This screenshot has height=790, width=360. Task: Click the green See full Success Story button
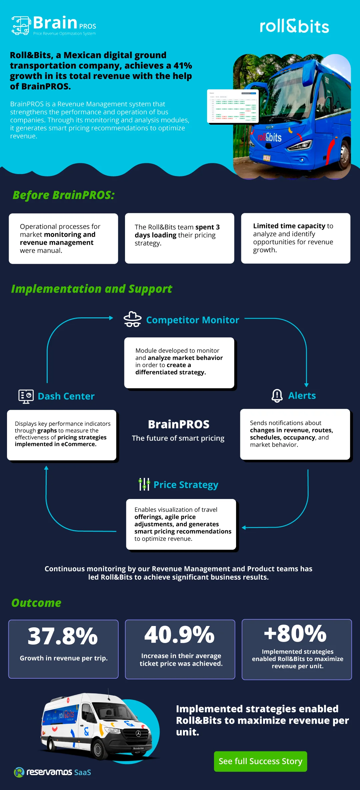click(260, 761)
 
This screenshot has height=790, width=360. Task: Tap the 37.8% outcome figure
click(63, 636)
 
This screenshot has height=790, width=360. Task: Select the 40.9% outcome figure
click(179, 635)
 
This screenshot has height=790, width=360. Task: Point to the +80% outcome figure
click(295, 633)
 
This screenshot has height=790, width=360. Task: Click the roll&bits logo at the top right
click(294, 26)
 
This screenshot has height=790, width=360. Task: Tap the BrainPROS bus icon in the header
click(21, 25)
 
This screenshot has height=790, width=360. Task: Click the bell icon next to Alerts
click(277, 396)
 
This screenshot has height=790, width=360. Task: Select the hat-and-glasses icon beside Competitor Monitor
click(132, 319)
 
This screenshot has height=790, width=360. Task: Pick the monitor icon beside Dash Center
click(26, 396)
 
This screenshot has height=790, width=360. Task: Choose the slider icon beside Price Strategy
click(144, 484)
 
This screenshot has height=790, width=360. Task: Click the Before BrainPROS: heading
click(63, 195)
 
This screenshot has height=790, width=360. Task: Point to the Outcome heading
click(36, 603)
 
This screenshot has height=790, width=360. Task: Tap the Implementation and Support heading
click(92, 289)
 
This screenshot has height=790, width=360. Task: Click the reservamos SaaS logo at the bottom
click(52, 772)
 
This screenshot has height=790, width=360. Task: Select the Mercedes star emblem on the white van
click(138, 734)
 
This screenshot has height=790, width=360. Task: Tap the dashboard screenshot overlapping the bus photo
click(233, 106)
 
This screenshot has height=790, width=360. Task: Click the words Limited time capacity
click(289, 226)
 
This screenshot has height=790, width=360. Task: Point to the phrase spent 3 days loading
click(177, 231)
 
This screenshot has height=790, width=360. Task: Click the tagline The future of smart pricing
click(178, 438)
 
